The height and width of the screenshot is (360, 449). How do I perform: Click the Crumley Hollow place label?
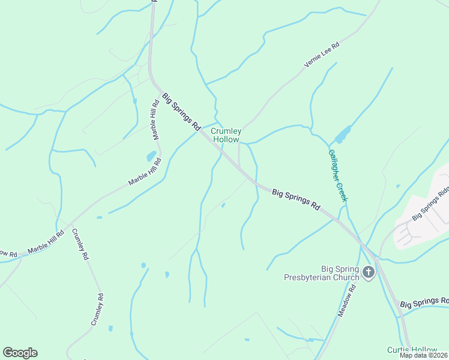tap(226, 135)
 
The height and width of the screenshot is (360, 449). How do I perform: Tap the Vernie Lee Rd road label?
tap(322, 55)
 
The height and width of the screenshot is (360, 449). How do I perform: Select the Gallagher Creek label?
tap(337, 175)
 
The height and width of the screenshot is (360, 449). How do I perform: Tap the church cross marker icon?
tap(369, 274)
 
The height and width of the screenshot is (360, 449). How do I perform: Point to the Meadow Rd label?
tap(346, 301)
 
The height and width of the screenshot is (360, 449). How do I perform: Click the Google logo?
tap(20, 353)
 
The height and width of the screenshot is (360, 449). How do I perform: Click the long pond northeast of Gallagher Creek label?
tap(343, 134)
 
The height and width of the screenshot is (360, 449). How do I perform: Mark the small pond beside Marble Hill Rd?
tap(150, 157)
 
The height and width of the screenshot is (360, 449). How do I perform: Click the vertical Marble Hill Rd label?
tap(155, 119)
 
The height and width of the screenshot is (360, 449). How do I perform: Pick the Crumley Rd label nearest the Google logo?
tap(97, 309)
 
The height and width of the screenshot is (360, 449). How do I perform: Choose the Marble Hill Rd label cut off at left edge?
tap(8, 254)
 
